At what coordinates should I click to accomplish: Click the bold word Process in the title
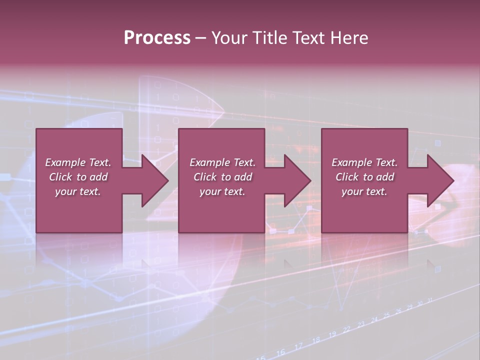click(x=157, y=38)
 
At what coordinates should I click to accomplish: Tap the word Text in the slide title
click(x=307, y=38)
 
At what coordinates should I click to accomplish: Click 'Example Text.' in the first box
click(x=78, y=162)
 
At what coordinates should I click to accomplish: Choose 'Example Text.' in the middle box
click(x=222, y=162)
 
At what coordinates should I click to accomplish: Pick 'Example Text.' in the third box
click(x=364, y=162)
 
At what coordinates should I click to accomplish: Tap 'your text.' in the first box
click(x=78, y=191)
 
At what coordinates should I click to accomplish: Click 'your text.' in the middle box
click(x=222, y=191)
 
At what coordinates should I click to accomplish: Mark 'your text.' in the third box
click(x=364, y=191)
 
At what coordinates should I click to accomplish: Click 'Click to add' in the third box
click(x=364, y=177)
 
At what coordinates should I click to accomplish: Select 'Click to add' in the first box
click(x=78, y=177)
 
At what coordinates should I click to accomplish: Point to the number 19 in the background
click(x=332, y=334)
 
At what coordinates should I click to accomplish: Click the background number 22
click(x=347, y=330)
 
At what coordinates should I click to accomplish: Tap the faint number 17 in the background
click(x=298, y=346)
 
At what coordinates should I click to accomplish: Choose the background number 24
click(x=374, y=320)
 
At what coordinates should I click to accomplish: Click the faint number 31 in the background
click(x=430, y=300)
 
